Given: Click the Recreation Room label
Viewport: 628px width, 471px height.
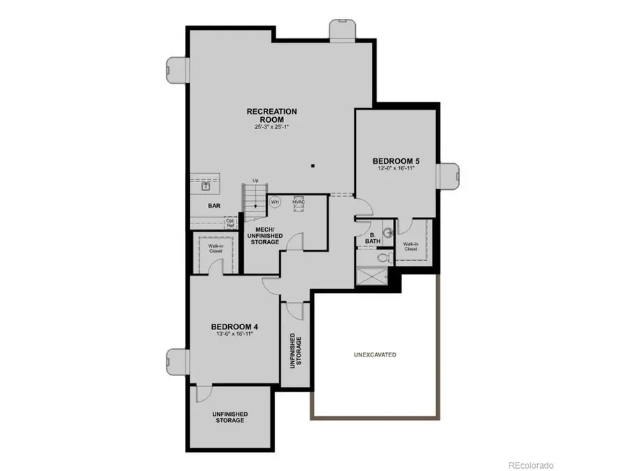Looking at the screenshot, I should pos(271,115).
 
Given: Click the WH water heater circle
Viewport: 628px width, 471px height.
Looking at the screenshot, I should pos(275,202).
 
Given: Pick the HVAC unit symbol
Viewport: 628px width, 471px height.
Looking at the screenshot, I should pos(299,201).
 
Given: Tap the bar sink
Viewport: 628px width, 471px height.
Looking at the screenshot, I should pos(207,186).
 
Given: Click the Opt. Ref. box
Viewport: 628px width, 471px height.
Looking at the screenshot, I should pos(230,223).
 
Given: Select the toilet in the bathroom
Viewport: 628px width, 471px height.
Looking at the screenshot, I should pos(382,257).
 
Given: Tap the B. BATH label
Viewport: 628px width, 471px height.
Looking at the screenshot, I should pos(373,238).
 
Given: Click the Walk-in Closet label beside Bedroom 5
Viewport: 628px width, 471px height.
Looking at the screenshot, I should pos(410,246).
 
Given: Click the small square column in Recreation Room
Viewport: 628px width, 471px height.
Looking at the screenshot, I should pos(313,165).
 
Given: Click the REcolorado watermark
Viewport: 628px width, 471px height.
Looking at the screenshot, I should pos(530,464).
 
